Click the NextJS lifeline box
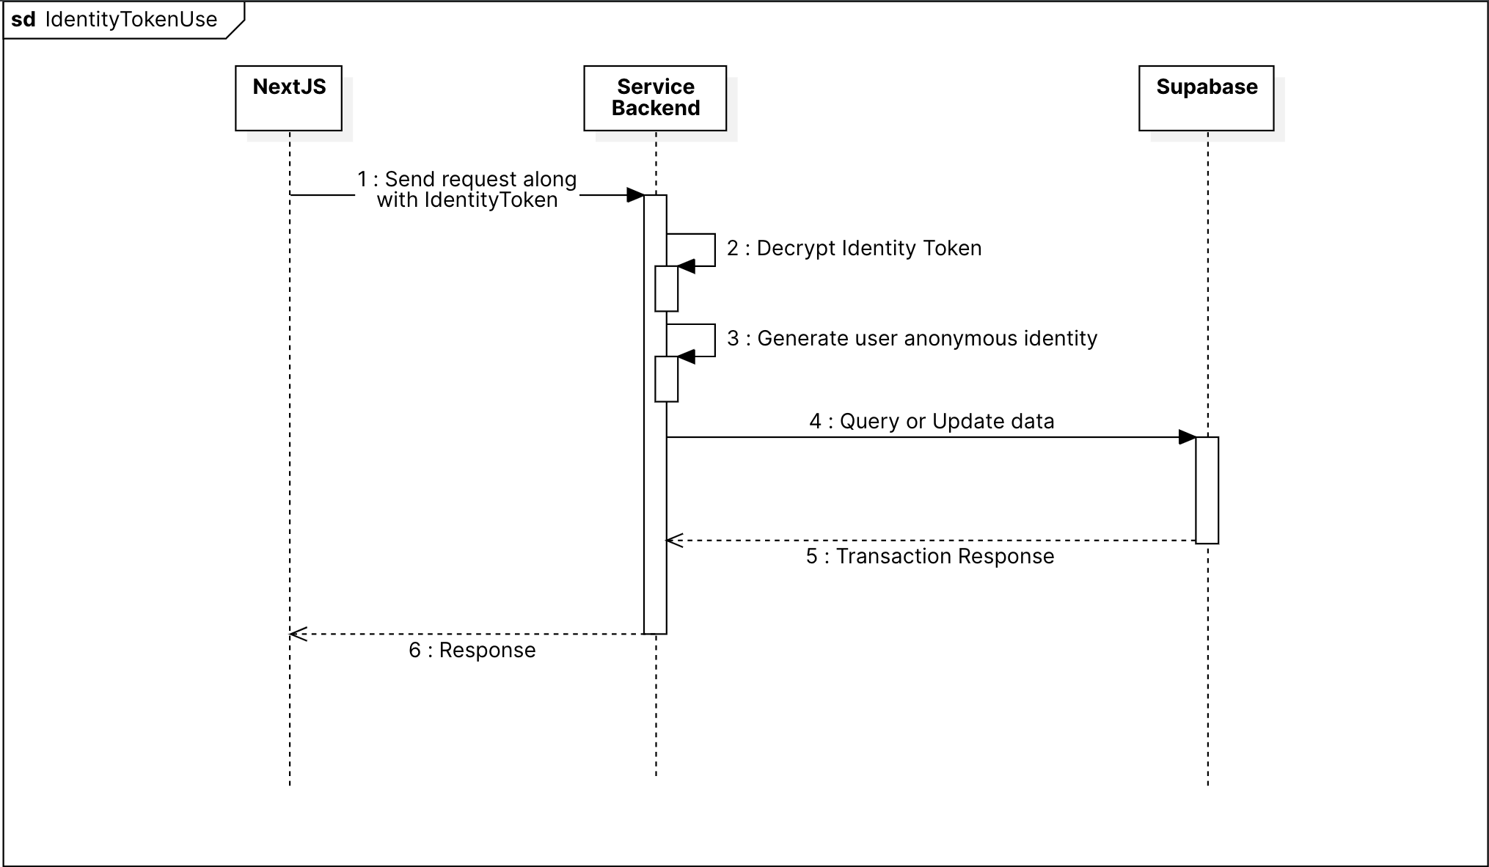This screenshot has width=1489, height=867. (288, 98)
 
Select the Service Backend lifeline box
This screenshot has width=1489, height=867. (655, 98)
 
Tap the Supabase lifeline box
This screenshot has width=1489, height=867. (1206, 98)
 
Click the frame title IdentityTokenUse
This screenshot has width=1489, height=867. (131, 19)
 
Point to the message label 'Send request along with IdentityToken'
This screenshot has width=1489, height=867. (467, 189)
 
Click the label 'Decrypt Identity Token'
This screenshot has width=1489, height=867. (854, 248)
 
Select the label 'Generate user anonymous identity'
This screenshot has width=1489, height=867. (912, 338)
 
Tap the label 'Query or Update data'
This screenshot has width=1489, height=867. (932, 421)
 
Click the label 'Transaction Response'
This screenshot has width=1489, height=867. (930, 556)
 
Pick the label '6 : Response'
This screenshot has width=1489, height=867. (472, 650)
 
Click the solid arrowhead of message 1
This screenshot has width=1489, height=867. (635, 195)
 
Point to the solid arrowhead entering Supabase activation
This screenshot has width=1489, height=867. (1187, 437)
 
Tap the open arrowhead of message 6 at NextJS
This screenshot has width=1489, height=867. (298, 634)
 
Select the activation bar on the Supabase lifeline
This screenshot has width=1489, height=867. (1207, 490)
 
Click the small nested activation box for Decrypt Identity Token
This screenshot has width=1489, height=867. (666, 289)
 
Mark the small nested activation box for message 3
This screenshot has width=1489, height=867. (666, 379)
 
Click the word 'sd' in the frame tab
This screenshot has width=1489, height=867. (23, 19)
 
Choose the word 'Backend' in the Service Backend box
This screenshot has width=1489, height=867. (656, 109)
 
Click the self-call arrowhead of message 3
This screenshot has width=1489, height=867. (686, 356)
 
